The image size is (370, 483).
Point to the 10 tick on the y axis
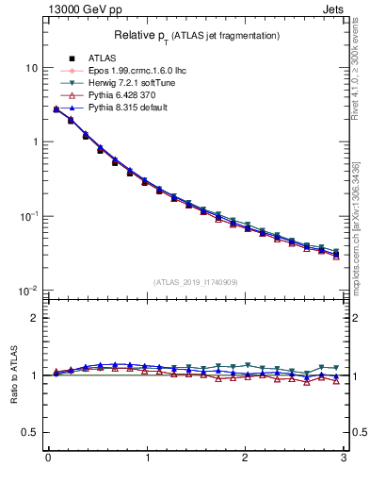coord(32,69)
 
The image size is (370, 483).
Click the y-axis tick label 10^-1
coord(29,216)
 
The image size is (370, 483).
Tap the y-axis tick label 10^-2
coord(29,290)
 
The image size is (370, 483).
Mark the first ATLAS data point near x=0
coord(56,109)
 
